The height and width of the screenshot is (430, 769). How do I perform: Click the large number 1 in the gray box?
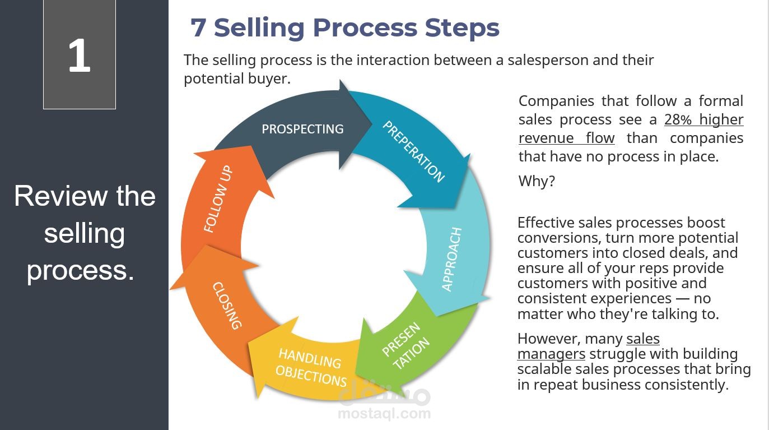click(79, 56)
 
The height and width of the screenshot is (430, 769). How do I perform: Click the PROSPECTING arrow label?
click(302, 129)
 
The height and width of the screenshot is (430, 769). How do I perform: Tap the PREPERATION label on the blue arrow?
click(413, 151)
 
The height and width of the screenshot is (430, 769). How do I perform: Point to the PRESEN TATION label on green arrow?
click(406, 346)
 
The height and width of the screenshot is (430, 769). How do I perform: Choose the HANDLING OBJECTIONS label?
click(311, 367)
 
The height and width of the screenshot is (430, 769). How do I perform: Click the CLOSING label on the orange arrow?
click(227, 306)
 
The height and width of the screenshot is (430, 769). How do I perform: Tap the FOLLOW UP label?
click(218, 199)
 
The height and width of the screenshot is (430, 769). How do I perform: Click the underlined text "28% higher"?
click(704, 119)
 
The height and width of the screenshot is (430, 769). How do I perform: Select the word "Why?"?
click(537, 181)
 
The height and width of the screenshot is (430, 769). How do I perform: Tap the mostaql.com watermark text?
click(384, 414)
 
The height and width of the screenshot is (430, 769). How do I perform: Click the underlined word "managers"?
click(551, 354)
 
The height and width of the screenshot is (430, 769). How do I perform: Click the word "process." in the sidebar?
click(81, 270)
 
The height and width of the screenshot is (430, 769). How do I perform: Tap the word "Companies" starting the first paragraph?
click(556, 101)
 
